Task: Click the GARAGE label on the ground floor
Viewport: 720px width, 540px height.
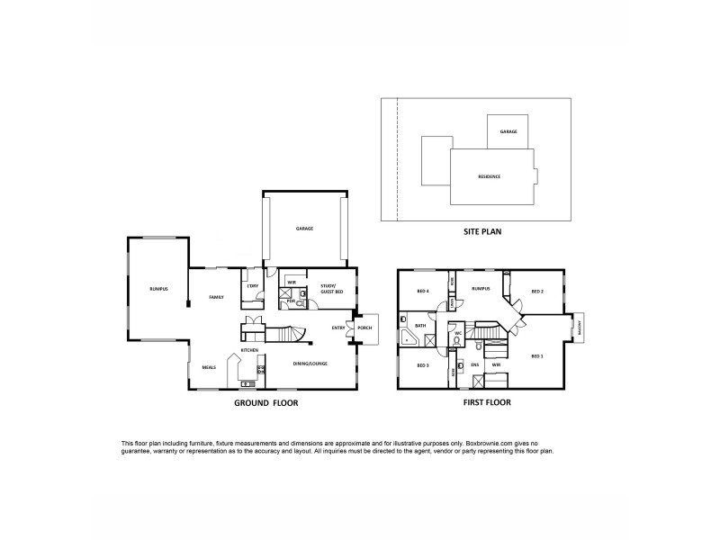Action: [304, 229]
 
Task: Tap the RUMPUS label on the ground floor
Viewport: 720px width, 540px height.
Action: [159, 288]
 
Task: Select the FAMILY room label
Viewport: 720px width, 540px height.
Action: [216, 296]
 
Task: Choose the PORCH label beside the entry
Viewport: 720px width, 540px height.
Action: [364, 328]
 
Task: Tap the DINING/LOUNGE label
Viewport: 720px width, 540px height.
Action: [310, 364]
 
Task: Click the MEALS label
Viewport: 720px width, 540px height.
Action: [209, 367]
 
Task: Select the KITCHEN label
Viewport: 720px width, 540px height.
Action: [249, 350]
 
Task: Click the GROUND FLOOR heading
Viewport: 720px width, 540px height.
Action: [265, 403]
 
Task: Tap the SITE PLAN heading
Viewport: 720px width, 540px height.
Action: [481, 231]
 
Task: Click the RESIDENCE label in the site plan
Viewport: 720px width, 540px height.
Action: [489, 176]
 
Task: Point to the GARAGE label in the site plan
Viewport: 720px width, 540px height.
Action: [508, 131]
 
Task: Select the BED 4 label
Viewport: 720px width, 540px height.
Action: [423, 292]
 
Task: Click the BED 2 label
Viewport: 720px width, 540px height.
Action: [537, 292]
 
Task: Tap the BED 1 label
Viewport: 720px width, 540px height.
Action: [537, 356]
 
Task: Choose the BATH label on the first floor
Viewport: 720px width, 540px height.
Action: [419, 326]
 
